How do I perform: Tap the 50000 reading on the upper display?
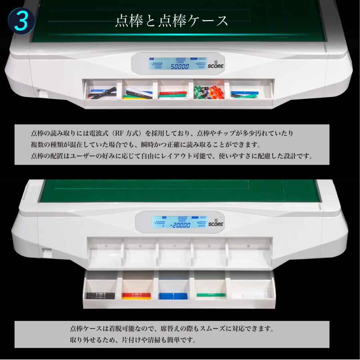coord(180,67)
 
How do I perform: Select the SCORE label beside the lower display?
coord(216,224)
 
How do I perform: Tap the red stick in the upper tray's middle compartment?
coord(171,94)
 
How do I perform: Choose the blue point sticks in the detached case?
coord(173,296)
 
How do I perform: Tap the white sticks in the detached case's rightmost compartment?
coord(256,295)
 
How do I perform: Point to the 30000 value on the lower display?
coord(182,218)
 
